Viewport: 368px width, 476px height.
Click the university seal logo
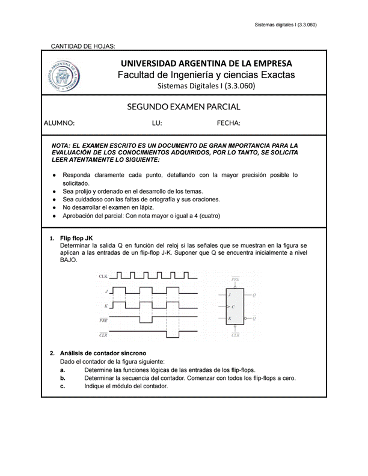coord(65,76)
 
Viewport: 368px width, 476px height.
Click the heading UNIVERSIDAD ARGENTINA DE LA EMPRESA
coord(206,63)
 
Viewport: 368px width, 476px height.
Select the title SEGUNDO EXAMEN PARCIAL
coord(183,107)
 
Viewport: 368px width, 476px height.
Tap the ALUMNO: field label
coord(59,123)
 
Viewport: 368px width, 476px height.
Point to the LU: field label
coord(157,123)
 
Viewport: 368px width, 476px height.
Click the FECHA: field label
coord(228,123)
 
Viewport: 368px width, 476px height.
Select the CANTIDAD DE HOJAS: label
coord(82,46)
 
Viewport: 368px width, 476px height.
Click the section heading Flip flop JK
coord(76,239)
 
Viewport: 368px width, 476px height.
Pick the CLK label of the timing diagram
coord(103,277)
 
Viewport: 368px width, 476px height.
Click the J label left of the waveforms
coord(106,291)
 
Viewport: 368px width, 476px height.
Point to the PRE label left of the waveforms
coord(103,320)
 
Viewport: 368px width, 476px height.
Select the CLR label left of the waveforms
coord(103,334)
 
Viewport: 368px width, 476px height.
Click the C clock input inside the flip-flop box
coord(233,307)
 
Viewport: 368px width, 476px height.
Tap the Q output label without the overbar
coord(254,295)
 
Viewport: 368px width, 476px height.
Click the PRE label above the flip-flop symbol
coord(236,280)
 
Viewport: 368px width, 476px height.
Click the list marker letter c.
coord(63,386)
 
